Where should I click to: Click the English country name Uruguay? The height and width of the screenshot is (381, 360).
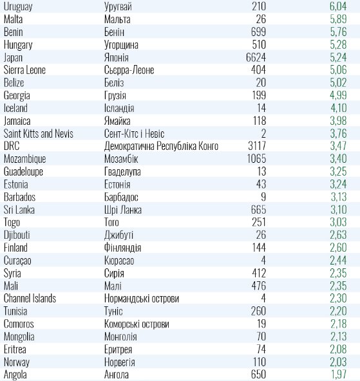(x=18, y=6)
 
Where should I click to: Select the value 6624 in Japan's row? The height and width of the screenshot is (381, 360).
(x=256, y=57)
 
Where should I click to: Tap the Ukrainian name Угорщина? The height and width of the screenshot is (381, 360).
(x=121, y=45)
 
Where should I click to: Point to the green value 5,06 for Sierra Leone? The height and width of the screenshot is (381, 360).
(x=338, y=70)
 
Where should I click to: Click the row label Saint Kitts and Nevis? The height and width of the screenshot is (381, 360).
(x=39, y=134)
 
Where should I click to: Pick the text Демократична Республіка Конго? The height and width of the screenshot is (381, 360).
(x=161, y=146)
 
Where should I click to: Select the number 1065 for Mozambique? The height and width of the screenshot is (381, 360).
(x=257, y=159)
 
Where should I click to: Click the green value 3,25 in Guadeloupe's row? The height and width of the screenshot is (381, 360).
(x=338, y=172)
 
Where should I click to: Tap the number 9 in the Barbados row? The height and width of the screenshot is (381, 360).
(x=263, y=197)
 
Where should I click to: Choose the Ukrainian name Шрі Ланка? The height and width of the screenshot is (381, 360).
(x=123, y=210)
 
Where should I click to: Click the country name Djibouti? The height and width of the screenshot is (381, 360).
(x=17, y=235)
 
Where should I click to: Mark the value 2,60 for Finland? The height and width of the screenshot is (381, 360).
(x=338, y=248)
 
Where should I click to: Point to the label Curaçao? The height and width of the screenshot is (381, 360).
(x=17, y=261)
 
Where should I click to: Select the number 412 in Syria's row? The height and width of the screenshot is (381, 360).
(x=259, y=273)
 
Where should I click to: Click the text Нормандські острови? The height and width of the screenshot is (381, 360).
(x=142, y=299)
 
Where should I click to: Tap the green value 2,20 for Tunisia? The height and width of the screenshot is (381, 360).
(x=338, y=311)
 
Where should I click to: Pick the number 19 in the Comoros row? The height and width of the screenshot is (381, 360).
(x=261, y=324)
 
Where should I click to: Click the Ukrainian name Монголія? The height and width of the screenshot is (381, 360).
(x=120, y=337)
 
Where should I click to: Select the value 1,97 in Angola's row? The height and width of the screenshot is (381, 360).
(x=339, y=375)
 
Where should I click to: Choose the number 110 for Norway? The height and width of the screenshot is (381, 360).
(x=260, y=362)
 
